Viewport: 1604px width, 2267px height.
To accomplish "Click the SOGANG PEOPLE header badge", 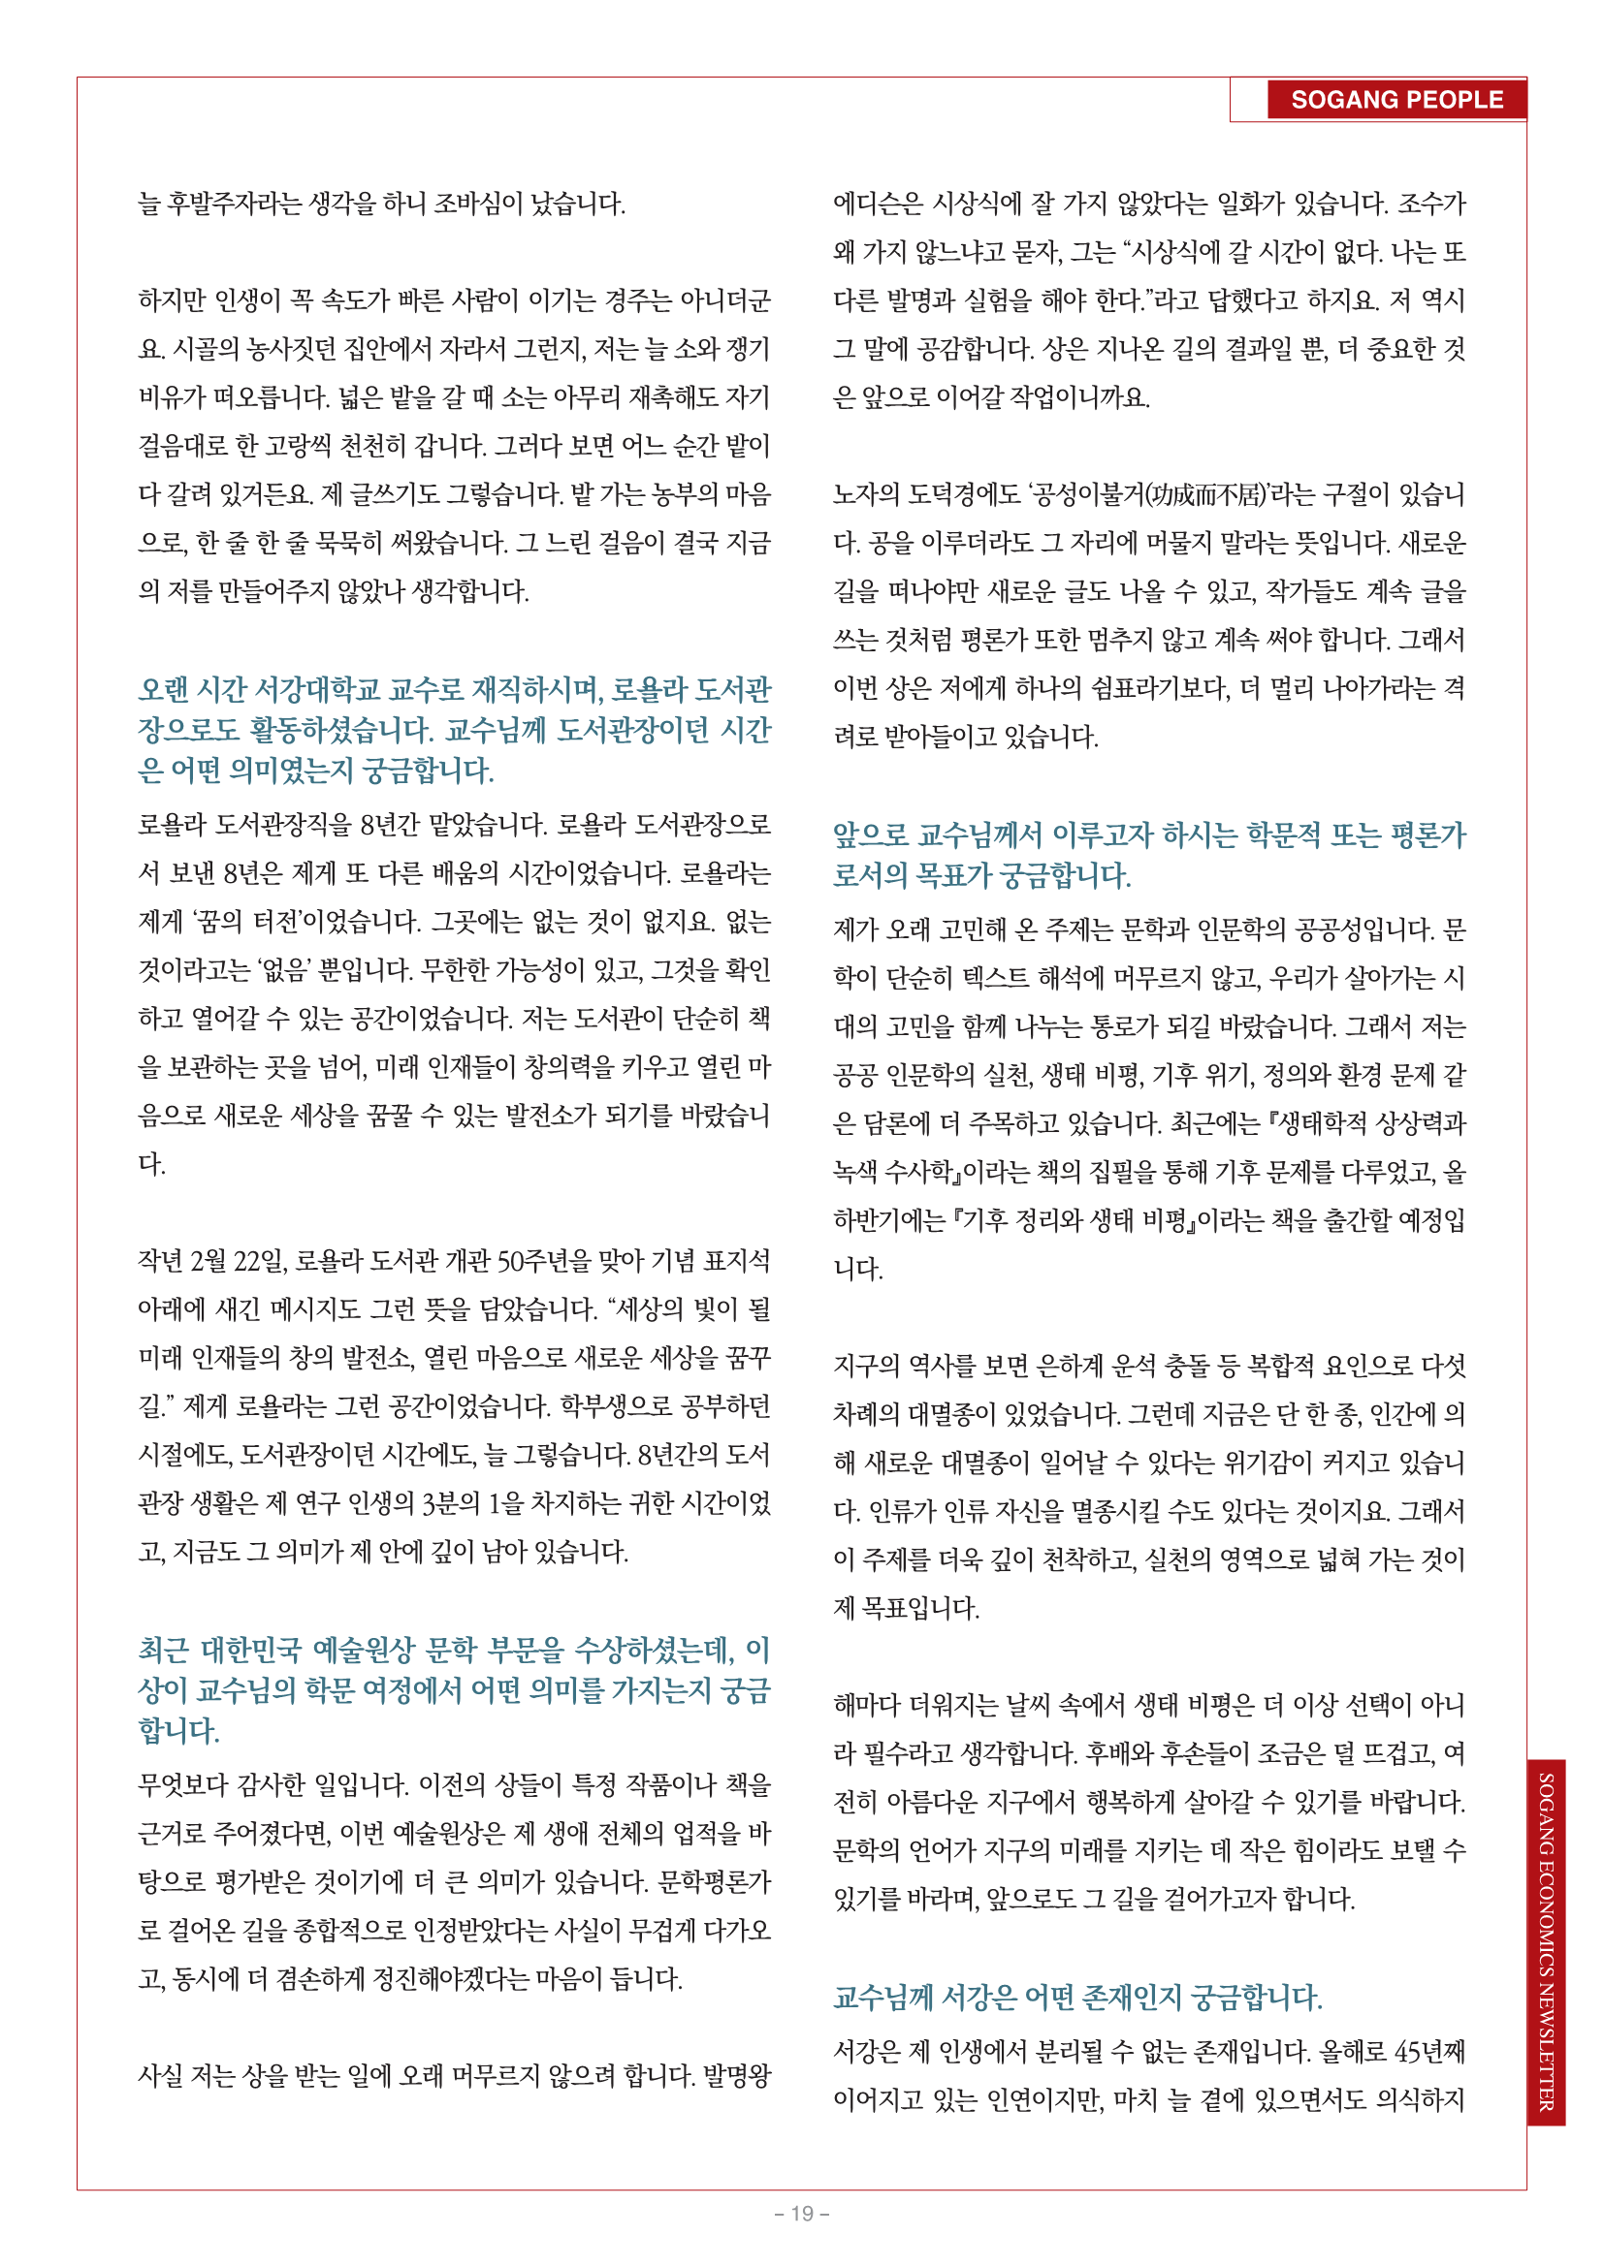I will [1395, 100].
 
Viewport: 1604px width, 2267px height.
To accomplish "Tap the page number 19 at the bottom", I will [801, 2214].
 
